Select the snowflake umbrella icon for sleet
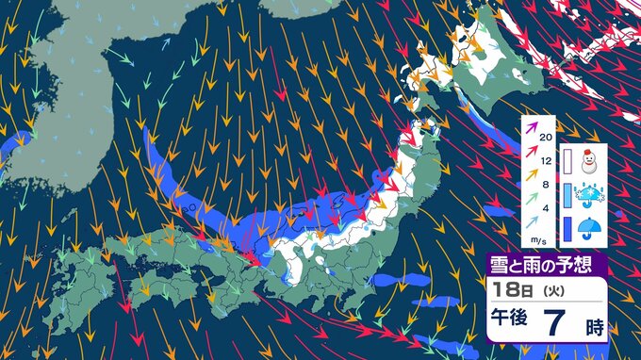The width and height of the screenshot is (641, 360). click(x=591, y=193)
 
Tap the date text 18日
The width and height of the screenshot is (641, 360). click(x=509, y=287)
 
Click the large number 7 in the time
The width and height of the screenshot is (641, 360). click(x=559, y=325)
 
